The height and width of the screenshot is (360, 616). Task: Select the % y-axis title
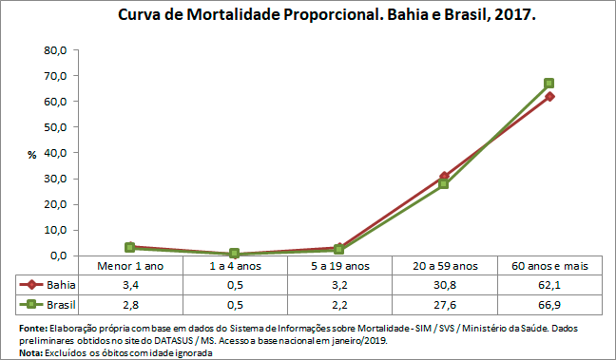click(x=31, y=154)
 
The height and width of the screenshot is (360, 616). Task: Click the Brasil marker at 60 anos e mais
click(x=549, y=84)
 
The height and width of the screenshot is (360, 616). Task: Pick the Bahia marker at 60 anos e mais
click(x=549, y=96)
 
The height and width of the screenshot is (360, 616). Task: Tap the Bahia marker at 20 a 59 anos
click(x=444, y=177)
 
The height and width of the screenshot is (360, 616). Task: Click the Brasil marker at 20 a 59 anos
click(x=444, y=184)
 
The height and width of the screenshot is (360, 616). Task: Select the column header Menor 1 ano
click(x=130, y=266)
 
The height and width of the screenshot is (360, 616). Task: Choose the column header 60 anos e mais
click(x=549, y=266)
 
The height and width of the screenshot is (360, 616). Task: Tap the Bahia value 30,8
click(x=444, y=285)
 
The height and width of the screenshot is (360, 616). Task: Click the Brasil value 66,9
click(x=549, y=305)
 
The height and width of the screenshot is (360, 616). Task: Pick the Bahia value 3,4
click(x=130, y=285)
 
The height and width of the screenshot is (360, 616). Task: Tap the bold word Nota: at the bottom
click(x=30, y=352)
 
